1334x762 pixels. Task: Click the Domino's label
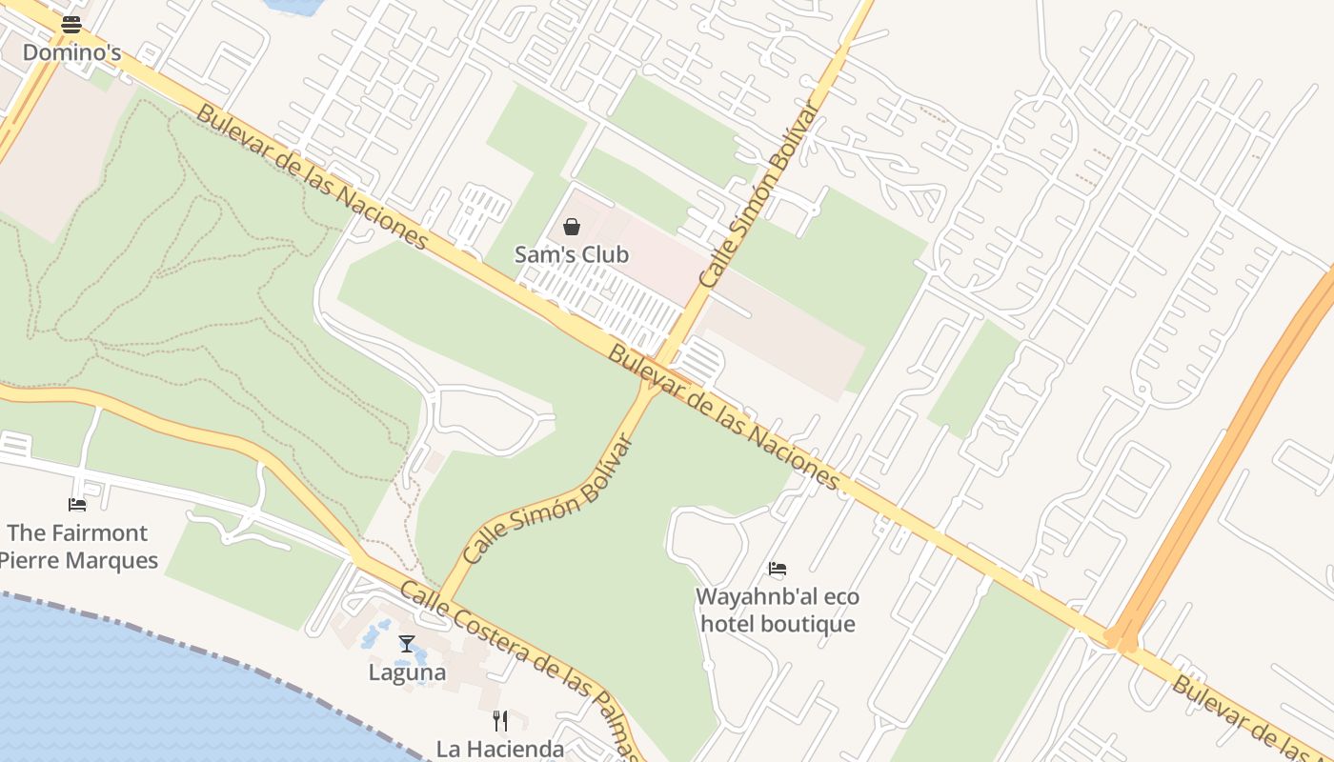click(71, 52)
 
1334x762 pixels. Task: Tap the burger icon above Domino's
click(71, 25)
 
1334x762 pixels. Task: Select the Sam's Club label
click(572, 254)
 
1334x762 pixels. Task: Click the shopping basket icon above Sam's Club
click(572, 227)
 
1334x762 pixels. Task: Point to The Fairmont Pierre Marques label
click(78, 546)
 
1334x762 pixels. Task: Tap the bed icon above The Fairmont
click(77, 504)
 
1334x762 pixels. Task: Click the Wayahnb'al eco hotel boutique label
click(778, 611)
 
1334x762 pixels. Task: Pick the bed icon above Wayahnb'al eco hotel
click(778, 569)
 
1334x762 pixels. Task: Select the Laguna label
click(407, 672)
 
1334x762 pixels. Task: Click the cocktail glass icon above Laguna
click(407, 644)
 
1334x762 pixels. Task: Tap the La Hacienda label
click(500, 749)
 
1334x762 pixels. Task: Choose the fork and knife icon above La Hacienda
click(500, 720)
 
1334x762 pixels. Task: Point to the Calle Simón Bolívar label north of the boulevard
click(758, 194)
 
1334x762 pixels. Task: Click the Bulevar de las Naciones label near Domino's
click(313, 177)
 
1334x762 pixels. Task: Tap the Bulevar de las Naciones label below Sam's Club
click(724, 417)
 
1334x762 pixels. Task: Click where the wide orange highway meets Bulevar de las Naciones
click(1121, 640)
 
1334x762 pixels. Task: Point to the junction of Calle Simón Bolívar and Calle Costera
click(442, 599)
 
